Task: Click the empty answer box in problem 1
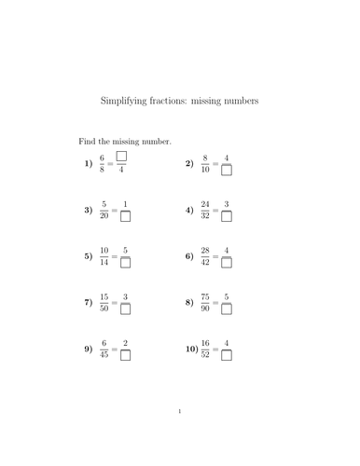click(121, 157)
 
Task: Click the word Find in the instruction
click(86, 141)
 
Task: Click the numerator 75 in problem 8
click(203, 295)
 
